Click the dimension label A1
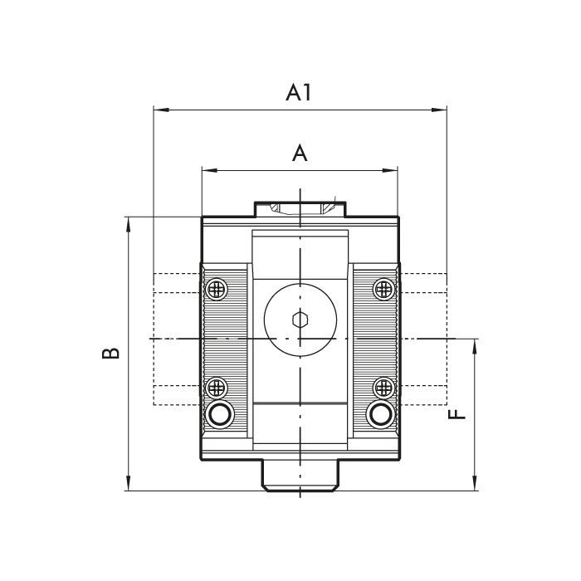click(298, 93)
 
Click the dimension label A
click(300, 154)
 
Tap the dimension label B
click(110, 353)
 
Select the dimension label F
click(456, 415)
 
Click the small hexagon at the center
click(300, 320)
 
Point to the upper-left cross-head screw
click(216, 289)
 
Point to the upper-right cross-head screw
click(383, 289)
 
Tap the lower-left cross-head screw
click(216, 387)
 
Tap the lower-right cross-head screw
click(383, 387)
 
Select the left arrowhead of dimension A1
click(161, 110)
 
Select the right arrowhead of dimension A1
click(439, 110)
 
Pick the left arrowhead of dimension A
click(209, 170)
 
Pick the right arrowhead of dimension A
click(390, 170)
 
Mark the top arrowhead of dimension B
click(128, 225)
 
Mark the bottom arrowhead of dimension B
click(128, 483)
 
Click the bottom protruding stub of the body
click(300, 476)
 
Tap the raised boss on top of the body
click(300, 209)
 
